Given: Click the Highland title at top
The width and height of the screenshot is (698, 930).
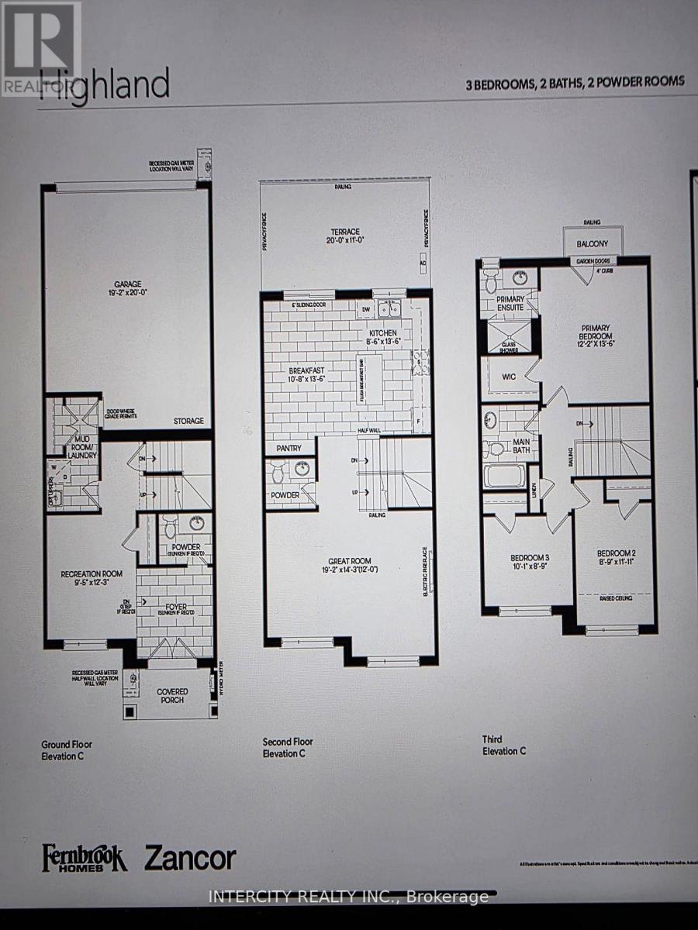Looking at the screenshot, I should point(105,84).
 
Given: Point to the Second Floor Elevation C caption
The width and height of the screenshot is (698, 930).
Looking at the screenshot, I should point(288,746).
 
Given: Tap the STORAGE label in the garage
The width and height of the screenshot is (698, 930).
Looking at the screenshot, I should point(188,421).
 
